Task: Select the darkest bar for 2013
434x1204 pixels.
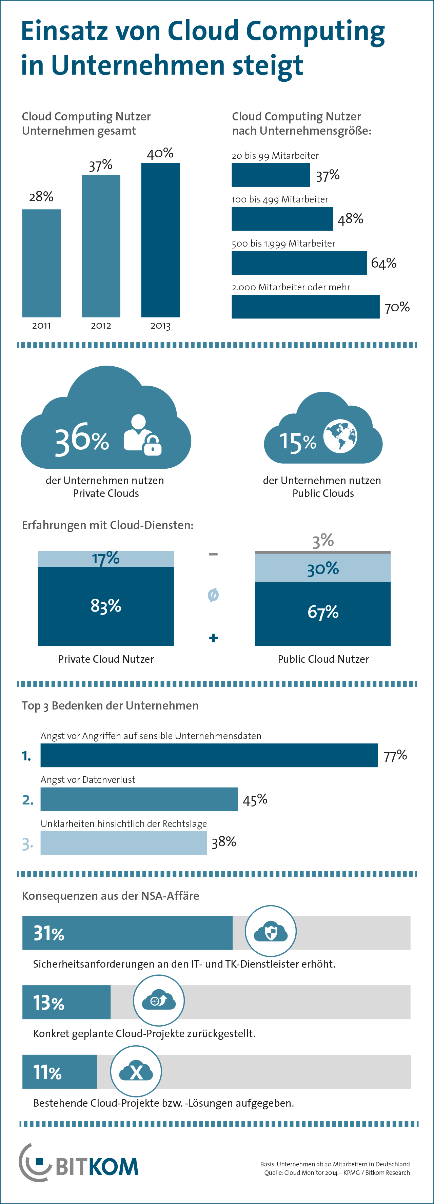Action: (160, 240)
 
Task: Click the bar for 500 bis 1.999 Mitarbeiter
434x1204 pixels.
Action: (299, 263)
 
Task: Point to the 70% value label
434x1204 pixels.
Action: (397, 307)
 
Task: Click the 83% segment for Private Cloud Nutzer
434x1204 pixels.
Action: (106, 606)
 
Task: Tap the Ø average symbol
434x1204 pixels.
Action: (213, 595)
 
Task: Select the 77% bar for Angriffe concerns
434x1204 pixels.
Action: (209, 755)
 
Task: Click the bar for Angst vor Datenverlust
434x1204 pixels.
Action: (139, 799)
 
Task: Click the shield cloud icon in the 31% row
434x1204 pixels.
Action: (271, 932)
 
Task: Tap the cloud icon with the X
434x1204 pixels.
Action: (136, 1071)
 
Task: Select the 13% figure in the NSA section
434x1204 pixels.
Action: (48, 1003)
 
